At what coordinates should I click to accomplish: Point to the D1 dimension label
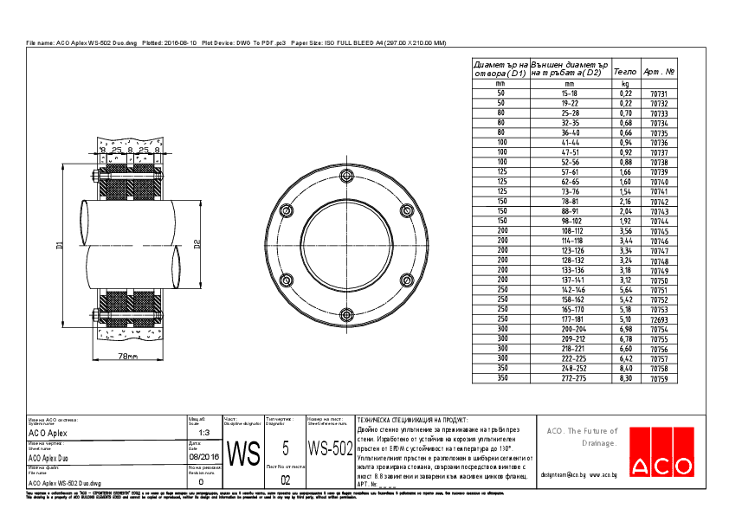(61, 245)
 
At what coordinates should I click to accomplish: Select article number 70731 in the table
(659, 93)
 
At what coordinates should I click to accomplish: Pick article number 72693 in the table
(659, 319)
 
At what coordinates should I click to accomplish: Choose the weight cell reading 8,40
(625, 369)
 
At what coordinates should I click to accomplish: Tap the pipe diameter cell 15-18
(570, 93)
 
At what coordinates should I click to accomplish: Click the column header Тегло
(625, 73)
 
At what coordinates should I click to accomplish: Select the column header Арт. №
(660, 73)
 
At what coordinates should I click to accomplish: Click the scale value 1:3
(204, 432)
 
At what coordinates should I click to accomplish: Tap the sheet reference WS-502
(330, 449)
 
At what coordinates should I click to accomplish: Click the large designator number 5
(286, 448)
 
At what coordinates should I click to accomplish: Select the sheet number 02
(286, 479)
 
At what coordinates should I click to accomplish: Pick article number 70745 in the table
(659, 231)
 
